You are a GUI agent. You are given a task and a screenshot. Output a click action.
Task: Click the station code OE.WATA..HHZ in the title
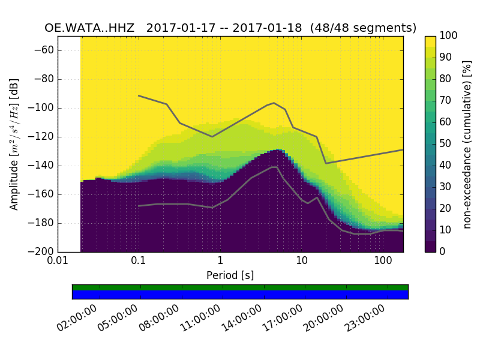pos(92,28)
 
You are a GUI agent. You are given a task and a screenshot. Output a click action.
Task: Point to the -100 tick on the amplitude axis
pos(43,108)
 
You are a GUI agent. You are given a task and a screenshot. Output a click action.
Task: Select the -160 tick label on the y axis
pos(43,194)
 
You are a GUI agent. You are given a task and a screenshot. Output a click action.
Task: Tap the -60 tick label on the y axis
pos(46,50)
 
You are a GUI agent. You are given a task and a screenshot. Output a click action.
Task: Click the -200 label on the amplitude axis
pos(43,251)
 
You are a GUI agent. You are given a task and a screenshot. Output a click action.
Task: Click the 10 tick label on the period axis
pos(301,262)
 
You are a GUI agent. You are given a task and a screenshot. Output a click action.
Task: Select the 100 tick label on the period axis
pos(383,262)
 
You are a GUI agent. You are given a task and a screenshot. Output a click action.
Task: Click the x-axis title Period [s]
pos(230,275)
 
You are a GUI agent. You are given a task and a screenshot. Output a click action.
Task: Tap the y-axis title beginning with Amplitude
pos(14,144)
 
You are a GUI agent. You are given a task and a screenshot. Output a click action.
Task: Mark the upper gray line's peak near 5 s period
pos(274,103)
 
